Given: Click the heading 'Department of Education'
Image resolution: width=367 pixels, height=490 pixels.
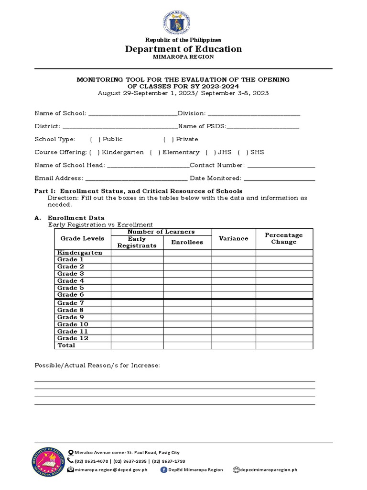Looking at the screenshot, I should click(x=183, y=49).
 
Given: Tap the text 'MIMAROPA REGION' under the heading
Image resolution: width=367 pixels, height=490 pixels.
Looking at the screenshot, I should click(x=183, y=57).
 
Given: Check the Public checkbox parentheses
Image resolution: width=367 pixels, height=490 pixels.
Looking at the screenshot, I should click(x=95, y=139).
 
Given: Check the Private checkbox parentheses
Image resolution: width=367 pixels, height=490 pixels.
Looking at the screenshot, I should click(x=168, y=139).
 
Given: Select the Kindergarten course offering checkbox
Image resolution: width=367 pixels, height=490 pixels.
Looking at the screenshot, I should click(x=94, y=152).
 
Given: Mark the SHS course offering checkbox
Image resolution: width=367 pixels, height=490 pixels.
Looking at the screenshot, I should click(x=243, y=152).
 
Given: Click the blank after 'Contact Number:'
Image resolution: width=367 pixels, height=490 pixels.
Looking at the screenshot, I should click(x=281, y=166).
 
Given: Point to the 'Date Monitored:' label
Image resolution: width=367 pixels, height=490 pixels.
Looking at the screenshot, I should click(x=216, y=178).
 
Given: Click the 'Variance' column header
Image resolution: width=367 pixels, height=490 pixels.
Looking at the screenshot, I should click(x=234, y=238).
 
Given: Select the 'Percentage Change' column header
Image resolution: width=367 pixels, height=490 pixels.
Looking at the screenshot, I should click(x=284, y=238).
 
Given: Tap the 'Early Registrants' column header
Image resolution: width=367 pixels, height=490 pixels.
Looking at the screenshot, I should click(x=137, y=242).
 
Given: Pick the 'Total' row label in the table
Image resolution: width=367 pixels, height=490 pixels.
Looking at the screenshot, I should click(x=66, y=345).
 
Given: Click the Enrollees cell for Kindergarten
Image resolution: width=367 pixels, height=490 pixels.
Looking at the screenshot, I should click(x=187, y=253).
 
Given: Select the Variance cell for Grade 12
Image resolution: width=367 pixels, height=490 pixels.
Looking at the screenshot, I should click(x=234, y=338).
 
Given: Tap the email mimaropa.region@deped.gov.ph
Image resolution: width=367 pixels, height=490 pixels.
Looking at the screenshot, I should click(x=111, y=470).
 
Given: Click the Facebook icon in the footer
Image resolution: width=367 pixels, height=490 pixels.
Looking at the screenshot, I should click(x=164, y=470).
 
